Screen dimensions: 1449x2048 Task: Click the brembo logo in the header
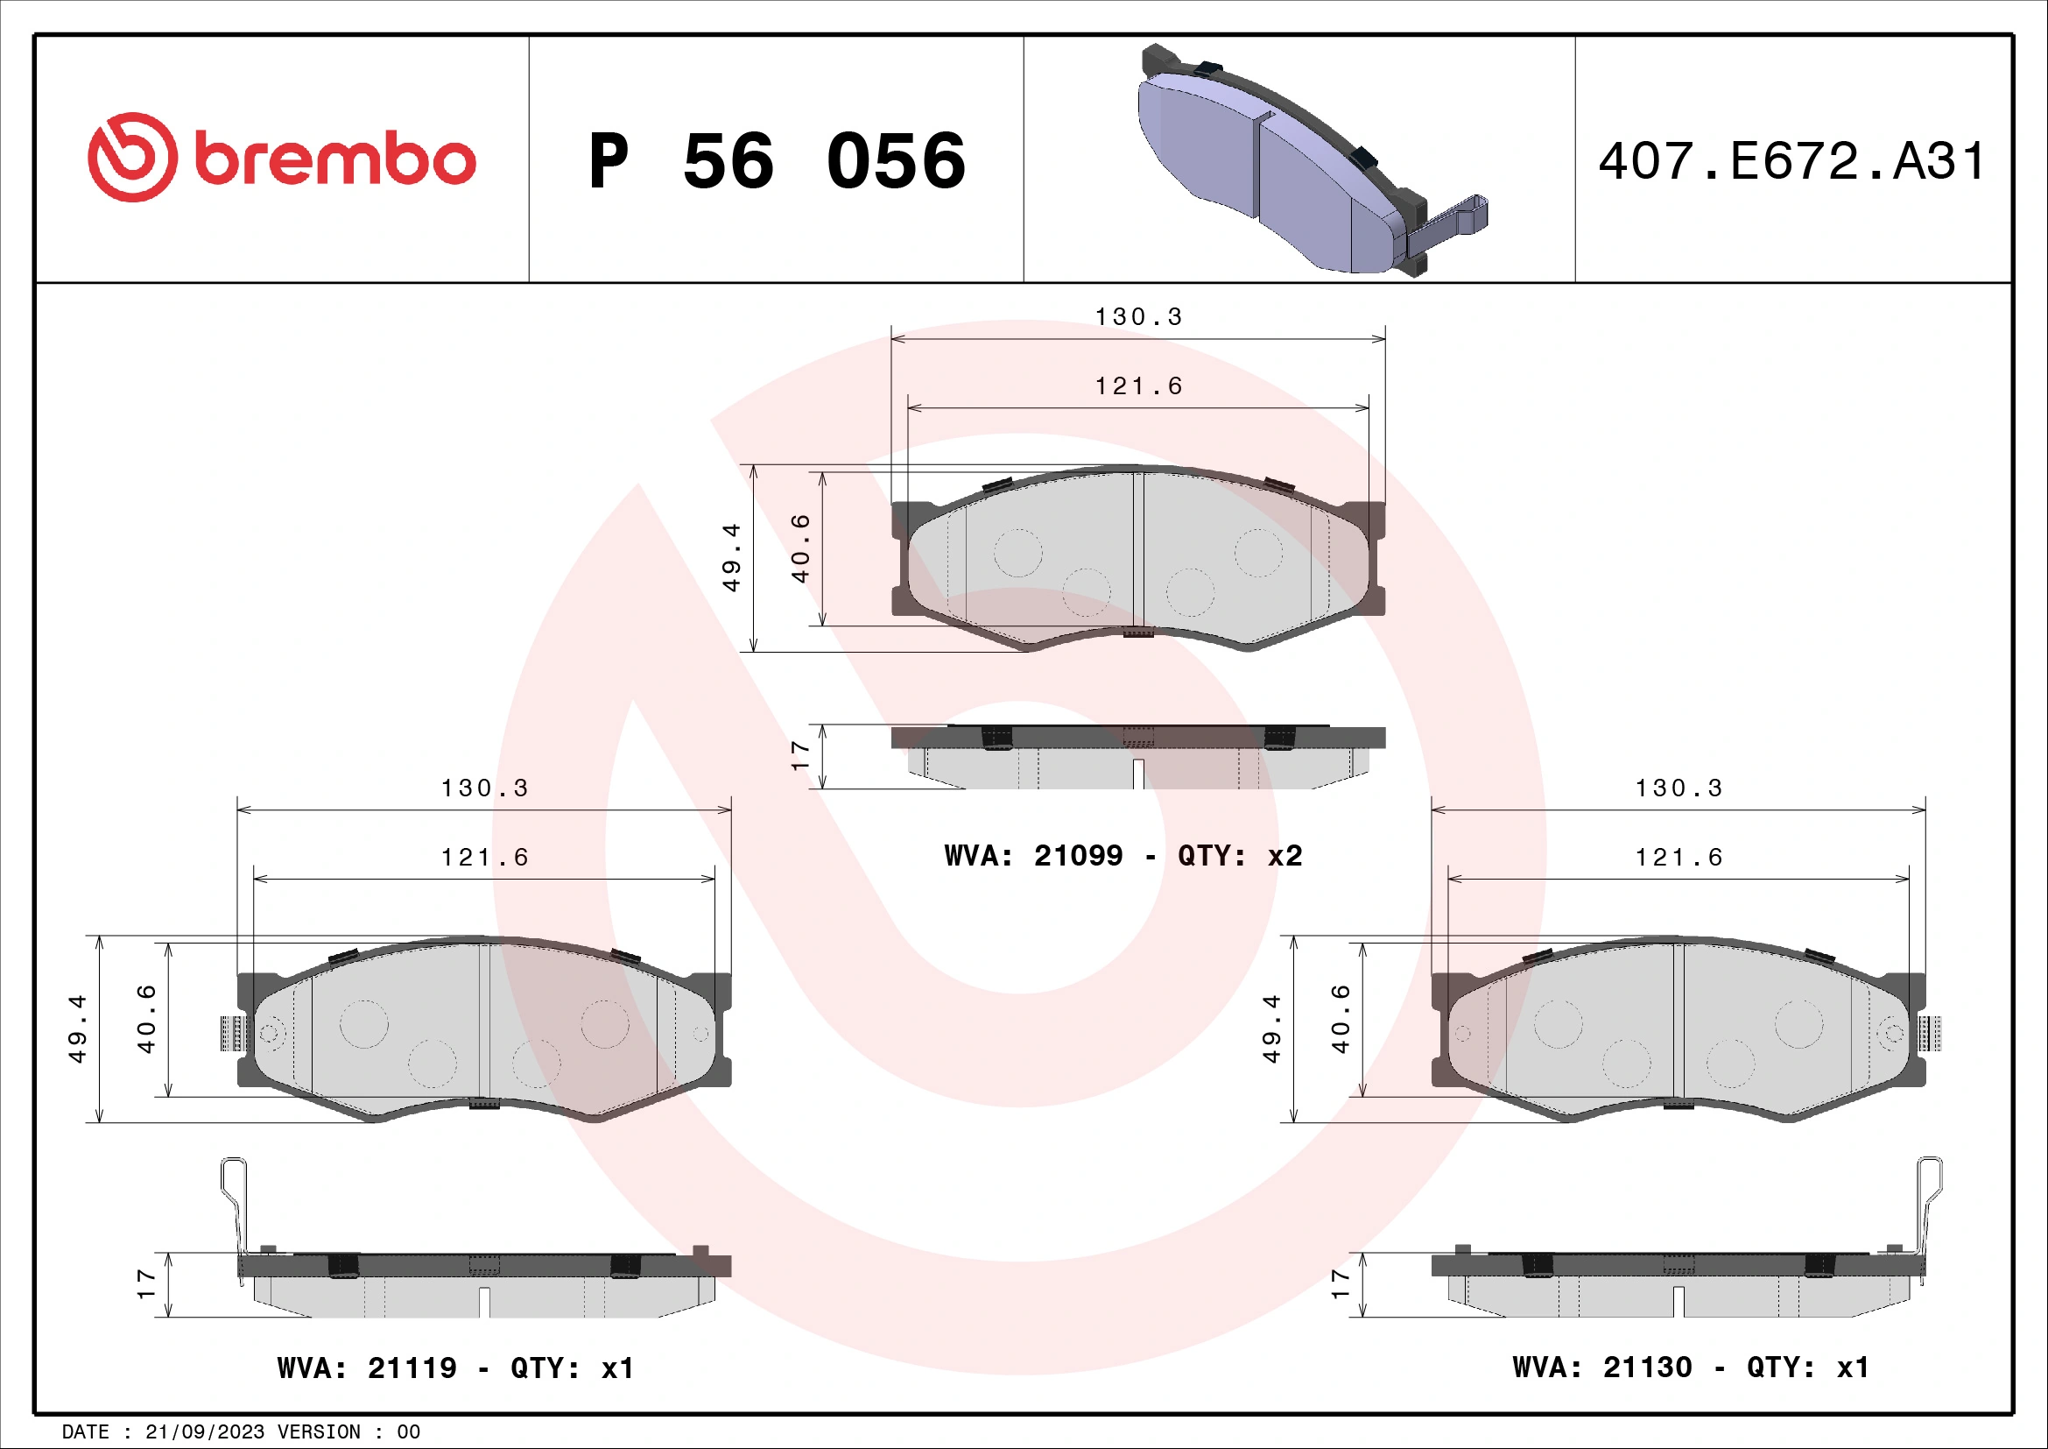coord(281,158)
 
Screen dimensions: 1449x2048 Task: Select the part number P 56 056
coord(776,161)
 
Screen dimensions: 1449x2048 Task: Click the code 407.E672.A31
coord(1792,161)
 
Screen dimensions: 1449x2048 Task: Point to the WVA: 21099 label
coord(1033,856)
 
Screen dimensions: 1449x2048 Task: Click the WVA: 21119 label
coord(367,1368)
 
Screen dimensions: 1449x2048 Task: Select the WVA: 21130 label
coord(1602,1367)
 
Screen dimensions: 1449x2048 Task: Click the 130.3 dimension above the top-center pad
coord(1138,317)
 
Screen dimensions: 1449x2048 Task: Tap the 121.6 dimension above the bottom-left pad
coord(484,858)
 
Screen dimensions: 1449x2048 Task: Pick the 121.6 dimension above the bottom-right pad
coord(1678,858)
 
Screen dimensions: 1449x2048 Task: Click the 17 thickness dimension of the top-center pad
coord(800,756)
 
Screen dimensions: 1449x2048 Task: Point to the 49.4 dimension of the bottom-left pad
coord(78,1028)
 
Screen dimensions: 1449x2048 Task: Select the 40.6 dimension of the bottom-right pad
coord(1340,1019)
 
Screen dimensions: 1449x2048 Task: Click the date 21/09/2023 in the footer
coord(204,1432)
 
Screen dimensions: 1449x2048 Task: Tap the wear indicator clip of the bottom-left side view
coord(235,1213)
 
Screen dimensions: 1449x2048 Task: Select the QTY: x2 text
coord(1240,856)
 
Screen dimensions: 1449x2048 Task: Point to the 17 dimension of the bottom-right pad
coord(1340,1284)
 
